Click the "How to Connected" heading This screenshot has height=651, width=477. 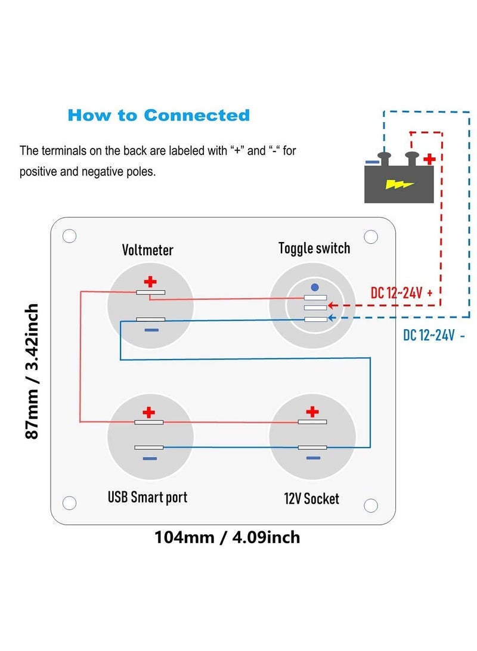pos(158,115)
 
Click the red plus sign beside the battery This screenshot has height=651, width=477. pos(428,159)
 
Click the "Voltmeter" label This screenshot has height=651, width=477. pos(148,250)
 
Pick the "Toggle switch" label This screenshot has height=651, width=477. pos(314,248)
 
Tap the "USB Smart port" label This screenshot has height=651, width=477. pos(147,497)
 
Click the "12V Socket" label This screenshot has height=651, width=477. pos(311,498)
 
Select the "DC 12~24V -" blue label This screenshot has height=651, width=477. pos(434,336)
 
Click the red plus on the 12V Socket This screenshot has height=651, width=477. pos(312,411)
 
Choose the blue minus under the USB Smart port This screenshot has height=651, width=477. pos(150,458)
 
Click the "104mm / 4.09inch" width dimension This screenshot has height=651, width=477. pos(227,537)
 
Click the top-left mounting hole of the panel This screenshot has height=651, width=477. pos(69,236)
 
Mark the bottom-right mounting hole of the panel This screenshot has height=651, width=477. pos(371,505)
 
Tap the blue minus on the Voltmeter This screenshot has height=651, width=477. pos(151,330)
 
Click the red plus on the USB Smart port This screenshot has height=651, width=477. pos(149,411)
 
